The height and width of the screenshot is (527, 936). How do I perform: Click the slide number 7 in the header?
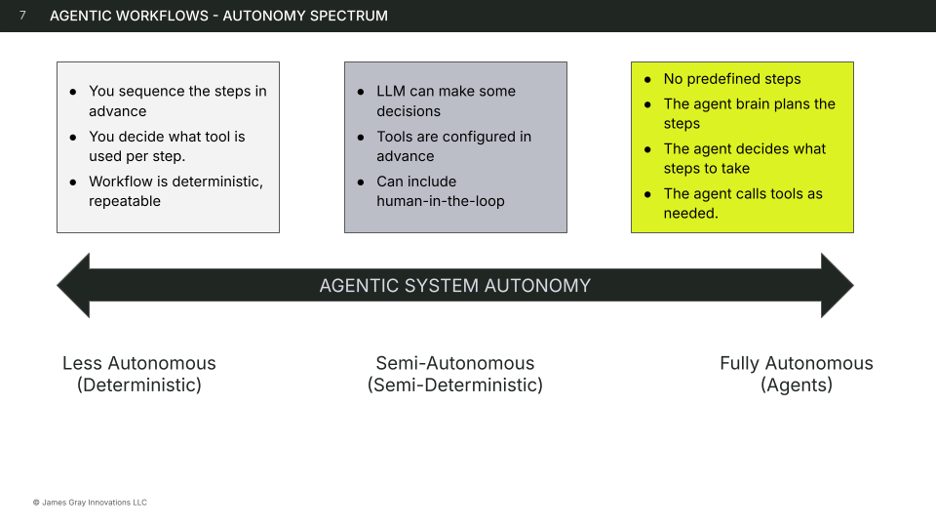[x=22, y=16]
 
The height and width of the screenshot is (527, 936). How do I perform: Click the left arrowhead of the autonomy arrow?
[x=73, y=286]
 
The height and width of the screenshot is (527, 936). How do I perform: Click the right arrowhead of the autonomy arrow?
[x=837, y=286]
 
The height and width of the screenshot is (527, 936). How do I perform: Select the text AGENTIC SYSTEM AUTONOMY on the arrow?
[x=455, y=286]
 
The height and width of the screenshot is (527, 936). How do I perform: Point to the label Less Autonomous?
[x=139, y=363]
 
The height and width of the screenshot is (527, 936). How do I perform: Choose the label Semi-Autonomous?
[x=455, y=363]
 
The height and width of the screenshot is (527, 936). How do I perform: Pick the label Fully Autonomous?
[x=797, y=363]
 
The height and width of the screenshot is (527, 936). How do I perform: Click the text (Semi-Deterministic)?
[x=455, y=385]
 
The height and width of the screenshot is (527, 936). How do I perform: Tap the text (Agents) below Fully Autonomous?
[x=797, y=385]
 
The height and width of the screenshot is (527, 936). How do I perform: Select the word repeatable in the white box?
[x=125, y=201]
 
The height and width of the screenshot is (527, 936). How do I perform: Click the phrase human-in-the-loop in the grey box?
[x=441, y=201]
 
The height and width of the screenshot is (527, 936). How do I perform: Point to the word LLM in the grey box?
[x=392, y=91]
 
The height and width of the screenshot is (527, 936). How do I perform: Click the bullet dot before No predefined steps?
[x=648, y=79]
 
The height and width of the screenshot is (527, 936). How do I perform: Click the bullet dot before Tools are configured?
[x=360, y=137]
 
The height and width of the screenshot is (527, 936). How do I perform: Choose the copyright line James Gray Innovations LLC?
[x=90, y=503]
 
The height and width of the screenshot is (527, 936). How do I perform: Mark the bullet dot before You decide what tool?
[x=73, y=137]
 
